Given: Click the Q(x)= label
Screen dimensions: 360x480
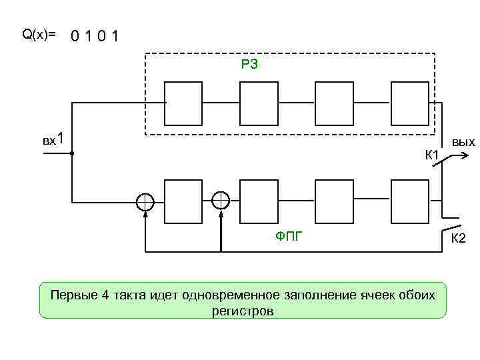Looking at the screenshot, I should (x=39, y=34).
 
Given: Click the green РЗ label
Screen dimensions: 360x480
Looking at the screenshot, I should (x=249, y=64).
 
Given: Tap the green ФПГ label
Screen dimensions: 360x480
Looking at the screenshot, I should (x=289, y=235).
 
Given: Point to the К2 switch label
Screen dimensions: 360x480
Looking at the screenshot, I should (x=459, y=239).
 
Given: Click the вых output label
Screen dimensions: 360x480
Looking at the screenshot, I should (x=463, y=142).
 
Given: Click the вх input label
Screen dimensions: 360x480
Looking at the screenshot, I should (x=49, y=141).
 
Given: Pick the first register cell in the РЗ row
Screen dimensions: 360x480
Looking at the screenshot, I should (x=183, y=103).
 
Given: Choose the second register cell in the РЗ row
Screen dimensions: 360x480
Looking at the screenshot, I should (x=259, y=103).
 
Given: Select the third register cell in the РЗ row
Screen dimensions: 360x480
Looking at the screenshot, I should (x=334, y=103).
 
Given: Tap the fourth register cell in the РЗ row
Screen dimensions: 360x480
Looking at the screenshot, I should (x=410, y=103).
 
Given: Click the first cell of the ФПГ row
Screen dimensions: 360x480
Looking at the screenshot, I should (x=183, y=201).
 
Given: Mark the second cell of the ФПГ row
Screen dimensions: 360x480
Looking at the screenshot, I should (x=259, y=201).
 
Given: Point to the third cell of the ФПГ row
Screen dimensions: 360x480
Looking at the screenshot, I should (x=334, y=201).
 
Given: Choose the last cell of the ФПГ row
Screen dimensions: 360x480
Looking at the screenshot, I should (x=410, y=201).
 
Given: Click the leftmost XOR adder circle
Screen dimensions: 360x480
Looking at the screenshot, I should (x=145, y=201).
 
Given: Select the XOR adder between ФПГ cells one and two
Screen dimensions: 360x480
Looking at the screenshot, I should (x=221, y=200).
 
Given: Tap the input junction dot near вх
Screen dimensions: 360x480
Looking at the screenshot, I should (x=71, y=154).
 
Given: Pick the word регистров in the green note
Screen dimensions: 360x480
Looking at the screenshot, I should (x=243, y=311).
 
